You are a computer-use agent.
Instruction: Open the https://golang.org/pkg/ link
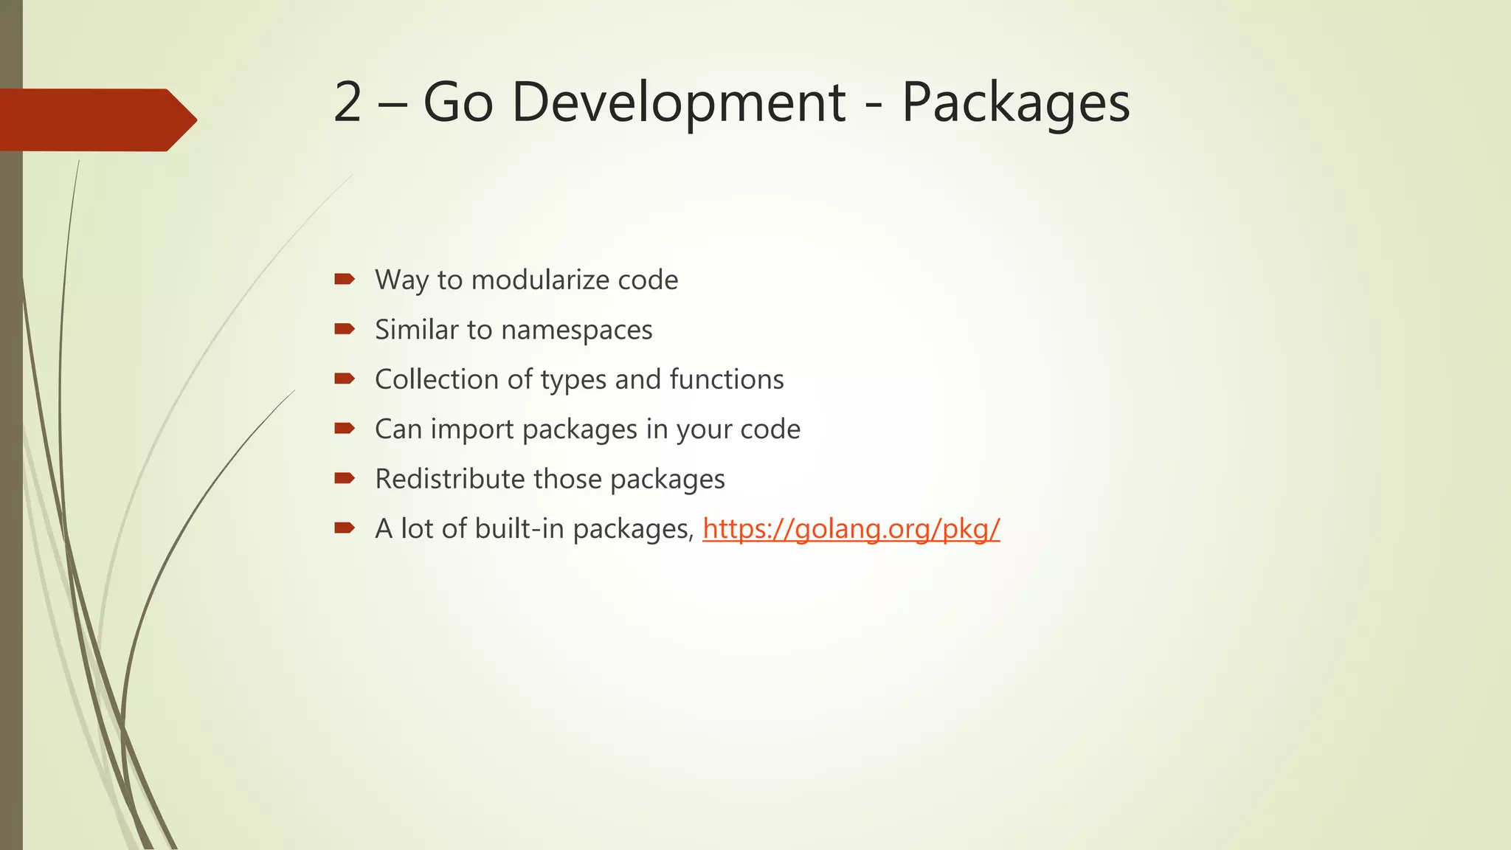(851, 529)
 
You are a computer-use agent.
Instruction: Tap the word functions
(726, 379)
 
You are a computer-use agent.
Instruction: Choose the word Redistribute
(450, 479)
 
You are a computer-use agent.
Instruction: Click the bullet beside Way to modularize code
(345, 279)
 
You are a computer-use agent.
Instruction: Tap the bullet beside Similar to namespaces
(345, 329)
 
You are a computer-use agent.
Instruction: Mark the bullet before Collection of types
(345, 379)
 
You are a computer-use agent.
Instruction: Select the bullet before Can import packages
(345, 429)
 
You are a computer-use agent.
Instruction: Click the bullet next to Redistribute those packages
(345, 478)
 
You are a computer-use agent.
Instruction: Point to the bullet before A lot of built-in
(345, 528)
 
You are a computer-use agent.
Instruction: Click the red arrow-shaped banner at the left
(96, 120)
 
